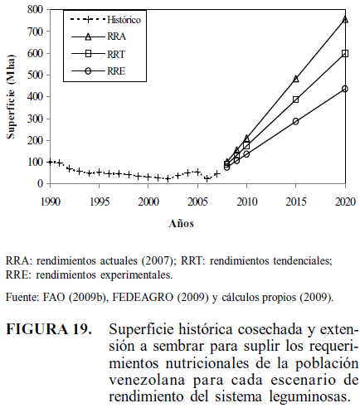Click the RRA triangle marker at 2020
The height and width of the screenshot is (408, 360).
click(x=345, y=20)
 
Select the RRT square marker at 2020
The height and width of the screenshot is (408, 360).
click(x=345, y=53)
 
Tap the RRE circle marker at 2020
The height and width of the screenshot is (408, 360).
click(x=345, y=89)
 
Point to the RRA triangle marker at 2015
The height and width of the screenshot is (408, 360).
click(x=296, y=79)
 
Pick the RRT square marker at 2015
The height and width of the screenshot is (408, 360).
click(x=296, y=100)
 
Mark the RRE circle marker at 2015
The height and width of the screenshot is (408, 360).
click(x=296, y=121)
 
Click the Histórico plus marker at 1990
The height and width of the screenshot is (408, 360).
click(x=50, y=162)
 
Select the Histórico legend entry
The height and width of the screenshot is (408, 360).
click(x=105, y=20)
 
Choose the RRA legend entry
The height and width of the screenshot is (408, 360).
click(x=99, y=36)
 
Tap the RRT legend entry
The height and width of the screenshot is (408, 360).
click(x=99, y=54)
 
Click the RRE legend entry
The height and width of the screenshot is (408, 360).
click(x=99, y=71)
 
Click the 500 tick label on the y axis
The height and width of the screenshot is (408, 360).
click(x=35, y=75)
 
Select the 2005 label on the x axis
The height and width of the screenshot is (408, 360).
click(x=197, y=202)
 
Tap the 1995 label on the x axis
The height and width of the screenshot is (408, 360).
click(x=100, y=202)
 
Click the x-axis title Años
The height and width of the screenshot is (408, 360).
click(x=182, y=223)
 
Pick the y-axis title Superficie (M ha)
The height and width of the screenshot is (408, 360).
click(x=11, y=96)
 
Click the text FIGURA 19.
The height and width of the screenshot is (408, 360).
click(x=49, y=329)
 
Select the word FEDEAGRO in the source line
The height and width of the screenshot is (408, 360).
click(x=143, y=297)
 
